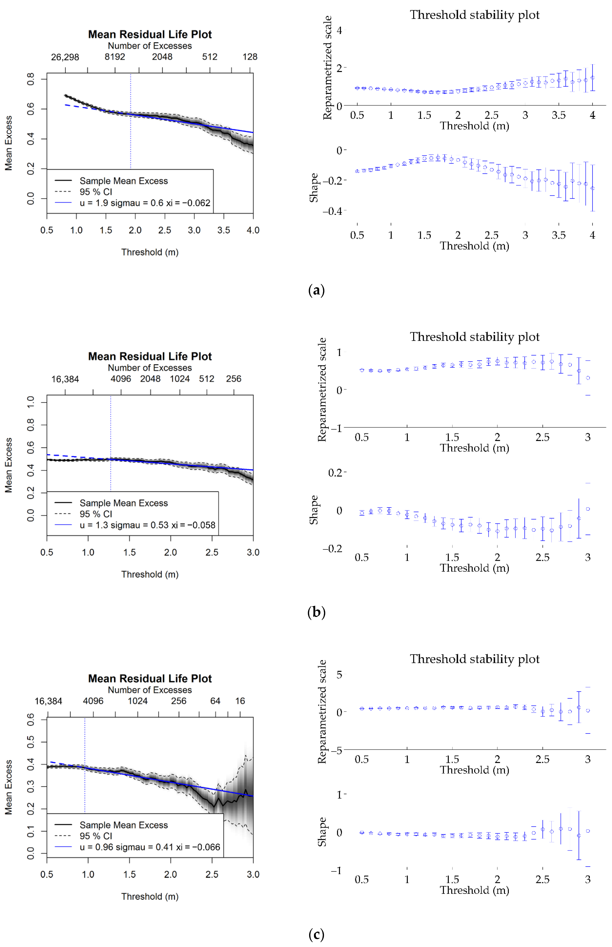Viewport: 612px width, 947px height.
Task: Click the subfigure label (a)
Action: click(316, 291)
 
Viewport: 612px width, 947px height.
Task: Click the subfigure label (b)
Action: click(316, 612)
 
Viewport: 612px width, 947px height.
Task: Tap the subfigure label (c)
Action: click(316, 934)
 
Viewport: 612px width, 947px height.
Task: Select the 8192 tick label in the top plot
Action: click(115, 57)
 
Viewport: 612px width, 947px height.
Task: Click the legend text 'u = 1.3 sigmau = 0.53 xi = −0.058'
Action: click(147, 525)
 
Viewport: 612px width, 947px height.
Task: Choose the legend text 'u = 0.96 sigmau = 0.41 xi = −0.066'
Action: click(150, 847)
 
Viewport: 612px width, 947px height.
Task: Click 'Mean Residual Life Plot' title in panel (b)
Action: click(150, 357)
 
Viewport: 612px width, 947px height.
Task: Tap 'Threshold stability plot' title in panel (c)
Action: click(474, 659)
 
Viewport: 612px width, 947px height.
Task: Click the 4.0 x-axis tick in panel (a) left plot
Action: click(253, 230)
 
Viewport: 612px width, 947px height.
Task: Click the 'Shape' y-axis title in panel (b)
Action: click(314, 510)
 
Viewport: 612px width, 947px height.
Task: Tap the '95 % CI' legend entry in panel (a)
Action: click(96, 192)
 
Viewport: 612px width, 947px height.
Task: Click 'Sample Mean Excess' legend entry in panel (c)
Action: click(124, 825)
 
